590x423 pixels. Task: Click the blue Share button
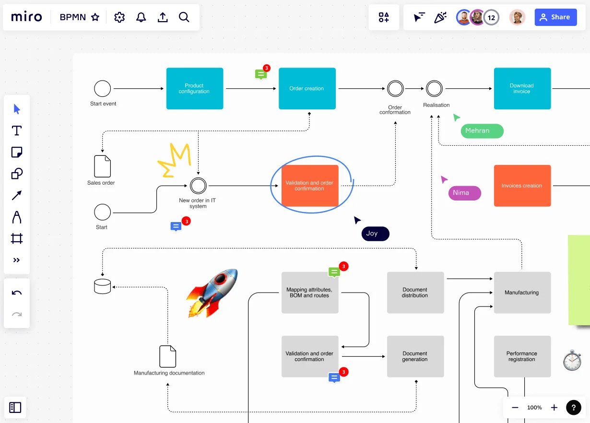pyautogui.click(x=555, y=17)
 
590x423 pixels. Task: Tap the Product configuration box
pyautogui.click(x=194, y=88)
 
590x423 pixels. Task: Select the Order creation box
pyautogui.click(x=307, y=88)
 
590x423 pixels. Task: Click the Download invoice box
pyautogui.click(x=522, y=88)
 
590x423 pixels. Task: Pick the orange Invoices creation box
pyautogui.click(x=522, y=186)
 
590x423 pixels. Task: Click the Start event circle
pyautogui.click(x=102, y=89)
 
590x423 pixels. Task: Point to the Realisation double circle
pyautogui.click(x=434, y=89)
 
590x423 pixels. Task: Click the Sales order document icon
pyautogui.click(x=102, y=166)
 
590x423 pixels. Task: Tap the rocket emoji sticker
pyautogui.click(x=212, y=293)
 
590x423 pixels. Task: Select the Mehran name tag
pyautogui.click(x=482, y=131)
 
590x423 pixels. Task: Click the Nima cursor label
pyautogui.click(x=464, y=193)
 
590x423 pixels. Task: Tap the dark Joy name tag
pyautogui.click(x=375, y=234)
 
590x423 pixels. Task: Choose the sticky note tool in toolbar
pyautogui.click(x=17, y=153)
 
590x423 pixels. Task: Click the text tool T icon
pyautogui.click(x=17, y=130)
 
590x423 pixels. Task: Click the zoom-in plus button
pyautogui.click(x=554, y=408)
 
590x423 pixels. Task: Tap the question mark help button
pyautogui.click(x=574, y=408)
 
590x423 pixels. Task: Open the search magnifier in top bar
pyautogui.click(x=184, y=17)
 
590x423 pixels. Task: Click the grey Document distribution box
pyautogui.click(x=415, y=293)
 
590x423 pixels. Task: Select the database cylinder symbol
pyautogui.click(x=102, y=286)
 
